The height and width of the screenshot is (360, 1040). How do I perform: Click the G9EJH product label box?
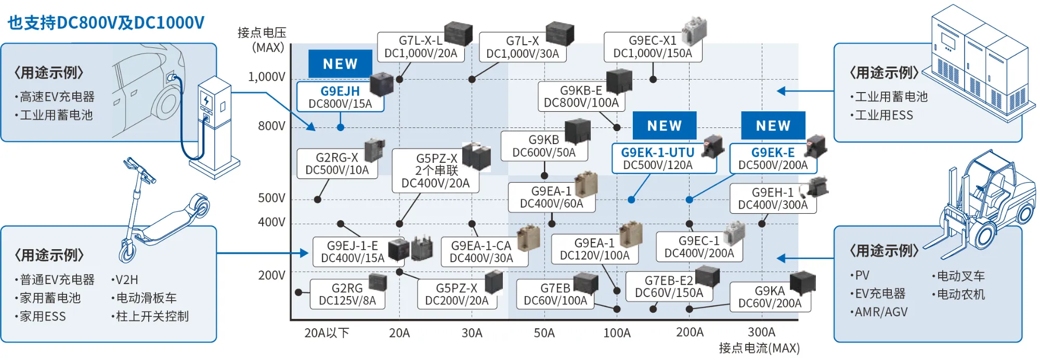coord(340,97)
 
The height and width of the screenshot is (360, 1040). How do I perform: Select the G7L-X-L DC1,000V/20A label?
coord(420,47)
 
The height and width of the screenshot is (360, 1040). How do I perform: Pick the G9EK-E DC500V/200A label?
coord(773,159)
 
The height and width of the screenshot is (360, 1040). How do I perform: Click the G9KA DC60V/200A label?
coord(770,297)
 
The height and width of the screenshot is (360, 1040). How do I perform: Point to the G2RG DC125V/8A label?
coord(347,294)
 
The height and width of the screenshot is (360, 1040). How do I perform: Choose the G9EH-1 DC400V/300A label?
coord(773,199)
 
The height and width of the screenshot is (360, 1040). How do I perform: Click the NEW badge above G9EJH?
coord(340,63)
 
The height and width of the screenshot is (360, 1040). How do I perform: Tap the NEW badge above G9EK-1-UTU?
coord(664,125)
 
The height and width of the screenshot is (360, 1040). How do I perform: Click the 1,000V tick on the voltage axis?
coord(267,77)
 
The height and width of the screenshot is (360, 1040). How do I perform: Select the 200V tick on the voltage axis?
coord(271,275)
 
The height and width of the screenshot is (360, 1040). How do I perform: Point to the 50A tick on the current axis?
coord(544,333)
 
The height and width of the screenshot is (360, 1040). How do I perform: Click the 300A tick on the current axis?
coord(761,332)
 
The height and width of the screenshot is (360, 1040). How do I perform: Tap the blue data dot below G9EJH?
coord(340,127)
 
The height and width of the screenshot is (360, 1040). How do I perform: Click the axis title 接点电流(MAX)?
coord(759,348)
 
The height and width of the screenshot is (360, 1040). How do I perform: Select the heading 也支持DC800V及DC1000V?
coord(106,23)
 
